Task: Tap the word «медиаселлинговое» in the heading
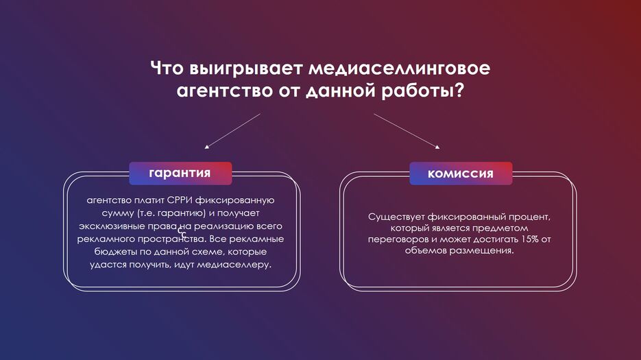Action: tap(400, 68)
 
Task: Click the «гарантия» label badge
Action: tap(180, 173)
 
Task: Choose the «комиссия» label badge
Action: tap(461, 173)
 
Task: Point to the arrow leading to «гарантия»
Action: tap(232, 131)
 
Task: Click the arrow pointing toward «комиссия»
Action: tap(407, 131)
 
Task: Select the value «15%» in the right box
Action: tap(530, 239)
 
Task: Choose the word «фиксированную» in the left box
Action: tap(234, 201)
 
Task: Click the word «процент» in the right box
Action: tap(530, 217)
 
